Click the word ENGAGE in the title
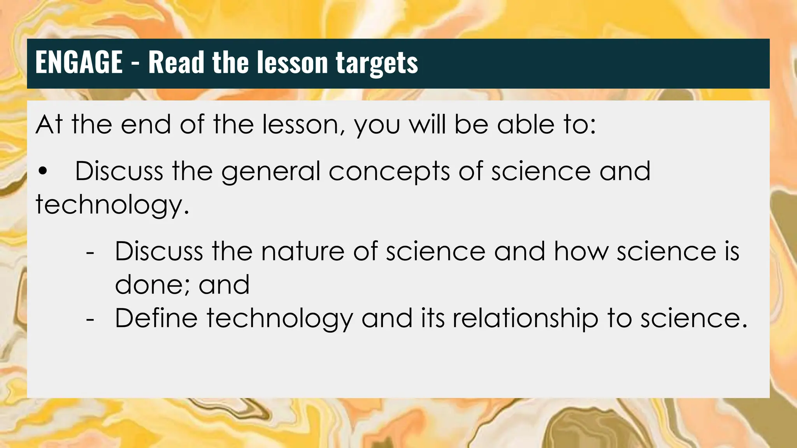(79, 62)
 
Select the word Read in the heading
(176, 62)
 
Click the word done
(152, 285)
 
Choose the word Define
(156, 318)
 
